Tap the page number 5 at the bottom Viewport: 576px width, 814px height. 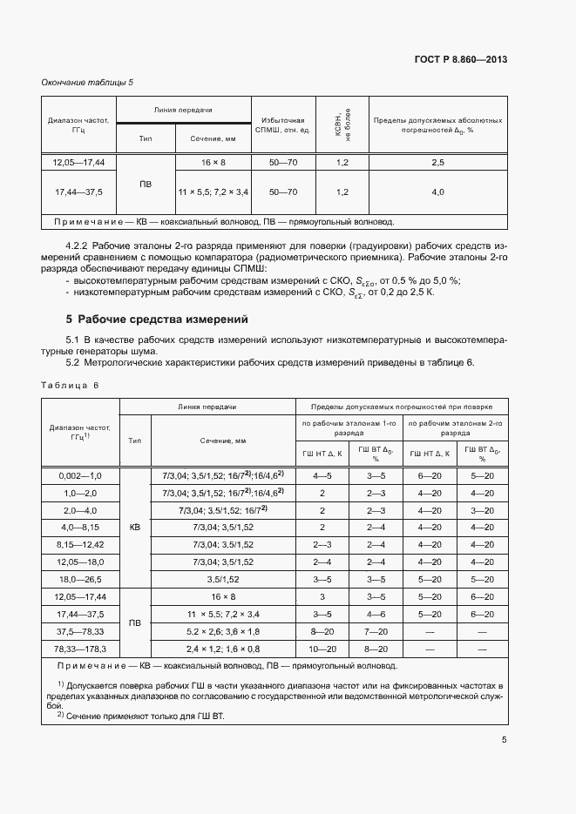point(505,741)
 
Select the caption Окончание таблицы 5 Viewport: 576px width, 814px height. point(87,83)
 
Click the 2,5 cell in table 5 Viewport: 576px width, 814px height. point(437,163)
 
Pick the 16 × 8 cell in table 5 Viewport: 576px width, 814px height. point(213,163)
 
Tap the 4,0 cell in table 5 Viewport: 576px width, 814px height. point(437,192)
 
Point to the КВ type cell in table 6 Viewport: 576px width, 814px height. point(134,528)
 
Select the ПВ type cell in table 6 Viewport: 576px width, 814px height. point(134,623)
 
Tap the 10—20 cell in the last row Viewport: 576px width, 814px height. point(322,649)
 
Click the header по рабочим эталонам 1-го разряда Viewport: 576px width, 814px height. point(349,427)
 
